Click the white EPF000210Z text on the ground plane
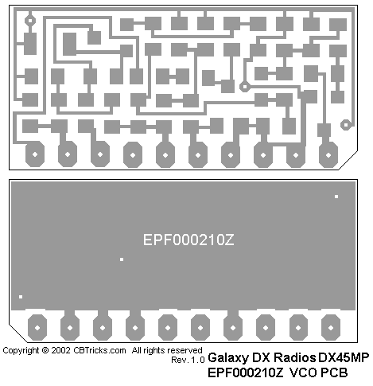click(x=188, y=240)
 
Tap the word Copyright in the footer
click(x=21, y=351)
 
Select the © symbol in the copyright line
click(x=45, y=351)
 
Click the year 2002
click(x=61, y=351)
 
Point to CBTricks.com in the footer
click(x=99, y=351)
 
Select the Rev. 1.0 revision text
click(x=188, y=360)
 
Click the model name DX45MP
click(x=344, y=357)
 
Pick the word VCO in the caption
click(x=303, y=372)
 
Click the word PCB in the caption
click(x=334, y=372)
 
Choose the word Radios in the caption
click(x=295, y=357)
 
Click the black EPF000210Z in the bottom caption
click(x=246, y=372)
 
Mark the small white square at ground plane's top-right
click(x=336, y=197)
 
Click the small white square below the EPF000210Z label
click(x=122, y=259)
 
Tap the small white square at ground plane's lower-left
click(x=21, y=297)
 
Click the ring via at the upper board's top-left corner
click(x=30, y=21)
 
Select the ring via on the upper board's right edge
click(x=346, y=125)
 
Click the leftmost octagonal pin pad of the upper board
click(x=35, y=154)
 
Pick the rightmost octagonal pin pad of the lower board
click(x=331, y=328)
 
